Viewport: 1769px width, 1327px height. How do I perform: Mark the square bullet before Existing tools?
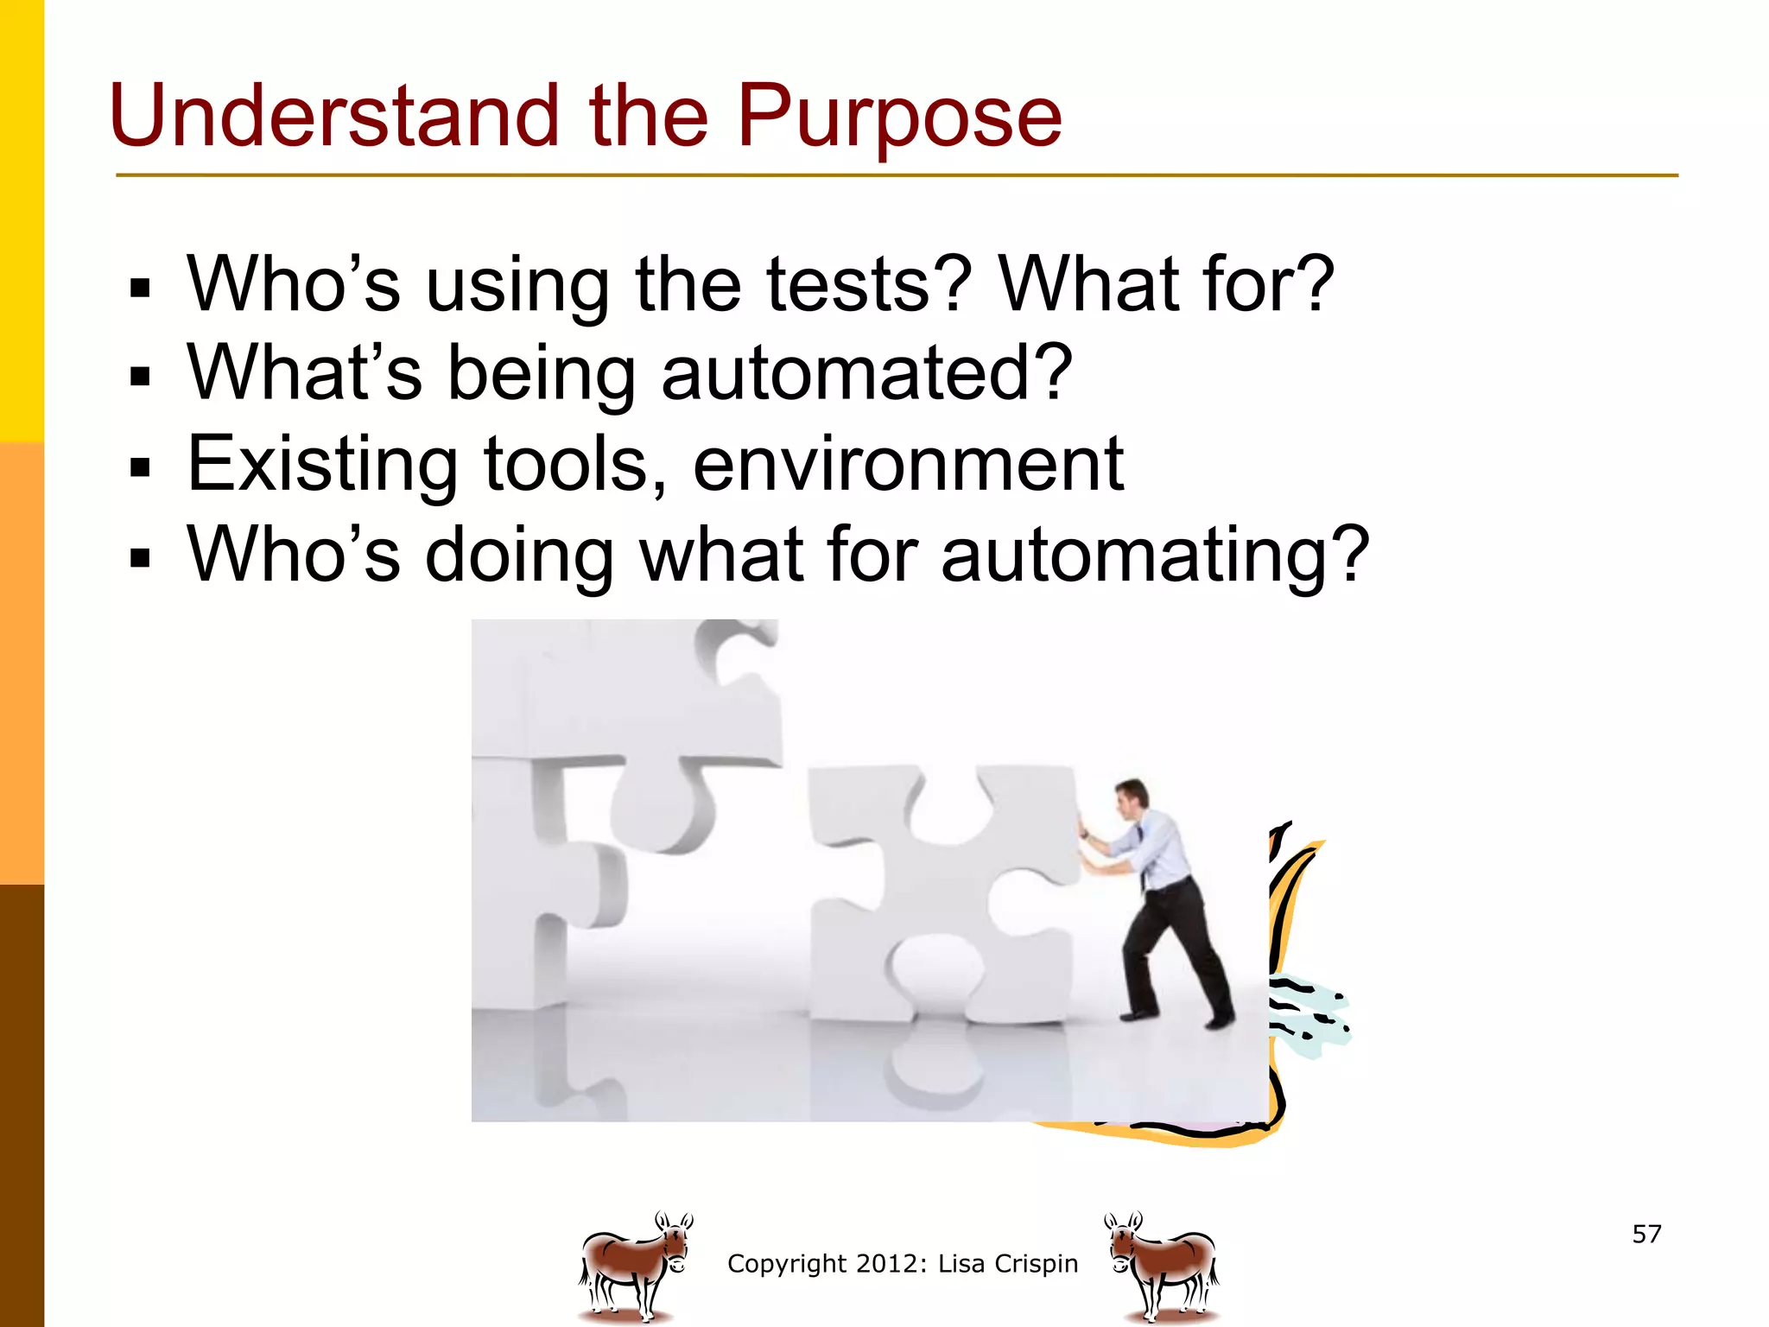[139, 468]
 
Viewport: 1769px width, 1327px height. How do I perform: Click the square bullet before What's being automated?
[139, 377]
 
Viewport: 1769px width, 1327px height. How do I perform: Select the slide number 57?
[1646, 1234]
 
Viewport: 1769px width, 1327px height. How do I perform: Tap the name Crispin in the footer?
[1036, 1263]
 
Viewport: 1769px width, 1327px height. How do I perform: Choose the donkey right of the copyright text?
[1163, 1266]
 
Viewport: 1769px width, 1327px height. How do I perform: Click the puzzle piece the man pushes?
[942, 890]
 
